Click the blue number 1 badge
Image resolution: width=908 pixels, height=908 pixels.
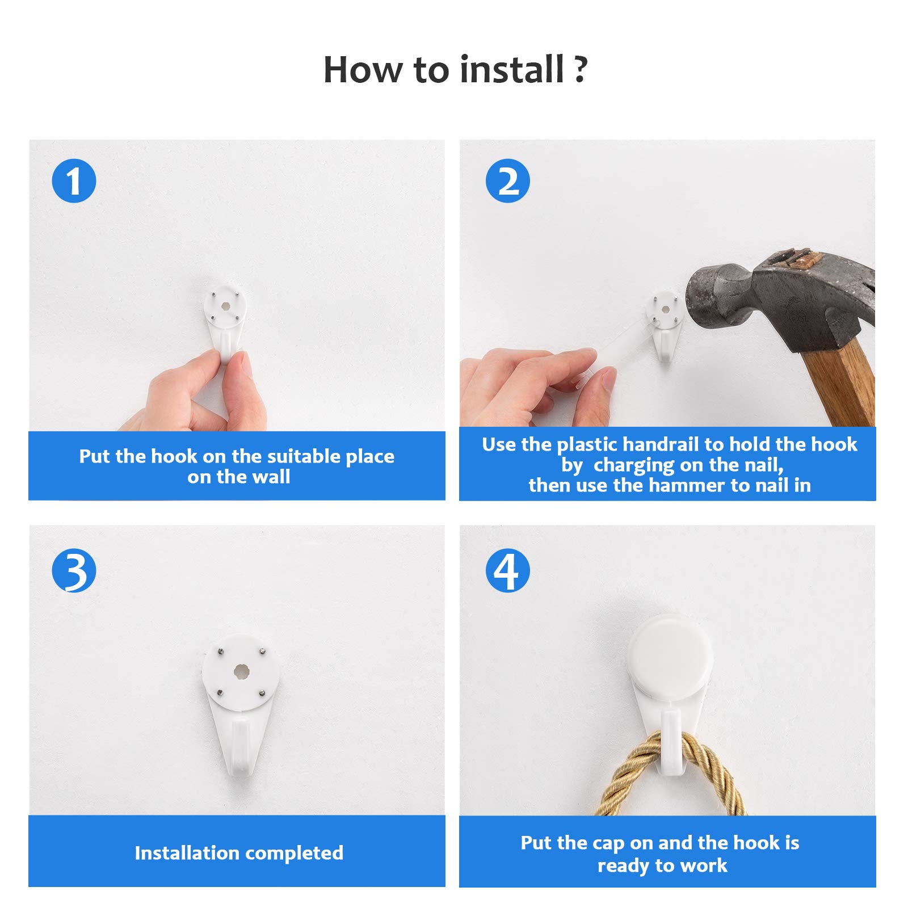point(74,181)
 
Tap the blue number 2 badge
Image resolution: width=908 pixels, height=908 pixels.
point(508,181)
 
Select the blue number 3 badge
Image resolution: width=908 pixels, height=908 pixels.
point(74,570)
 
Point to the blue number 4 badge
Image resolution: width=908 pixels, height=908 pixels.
point(508,570)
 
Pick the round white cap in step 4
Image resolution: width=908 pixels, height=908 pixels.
point(670,657)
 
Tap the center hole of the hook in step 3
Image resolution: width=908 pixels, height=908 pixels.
point(241,671)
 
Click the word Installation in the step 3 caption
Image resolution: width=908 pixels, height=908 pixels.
point(187,853)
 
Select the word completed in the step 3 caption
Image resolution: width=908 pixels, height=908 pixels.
point(294,853)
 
